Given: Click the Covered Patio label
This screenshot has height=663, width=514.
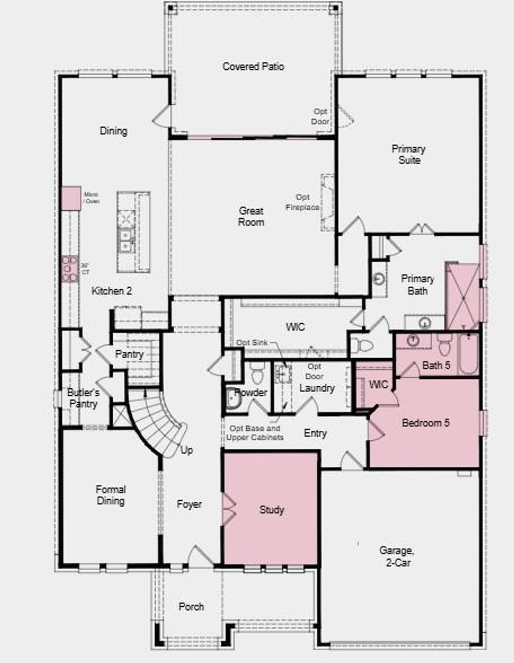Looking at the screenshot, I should (253, 66).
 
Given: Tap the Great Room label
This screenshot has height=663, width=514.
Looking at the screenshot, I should (251, 216).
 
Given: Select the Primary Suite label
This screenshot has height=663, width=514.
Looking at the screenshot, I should (409, 155).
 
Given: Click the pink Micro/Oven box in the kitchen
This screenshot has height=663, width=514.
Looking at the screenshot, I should (71, 198).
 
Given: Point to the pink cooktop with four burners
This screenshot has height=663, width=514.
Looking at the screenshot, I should (70, 269).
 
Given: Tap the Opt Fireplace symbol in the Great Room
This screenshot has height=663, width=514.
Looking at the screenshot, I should (327, 202).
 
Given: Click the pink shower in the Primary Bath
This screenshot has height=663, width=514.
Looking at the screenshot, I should (462, 296).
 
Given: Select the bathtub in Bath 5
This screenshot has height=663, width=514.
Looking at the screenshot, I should (468, 355).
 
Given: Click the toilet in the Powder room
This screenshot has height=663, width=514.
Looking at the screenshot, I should (257, 374).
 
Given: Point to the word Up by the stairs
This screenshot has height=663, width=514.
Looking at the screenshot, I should (186, 450).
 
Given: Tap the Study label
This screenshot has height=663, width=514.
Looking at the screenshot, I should (272, 510).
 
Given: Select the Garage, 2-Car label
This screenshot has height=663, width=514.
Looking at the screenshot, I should (397, 557).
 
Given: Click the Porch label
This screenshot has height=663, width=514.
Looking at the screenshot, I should (191, 607).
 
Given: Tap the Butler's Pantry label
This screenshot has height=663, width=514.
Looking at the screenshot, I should (83, 398).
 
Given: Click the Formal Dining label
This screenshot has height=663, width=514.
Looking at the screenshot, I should (110, 495).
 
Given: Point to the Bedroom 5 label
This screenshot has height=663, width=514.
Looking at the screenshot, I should (425, 423).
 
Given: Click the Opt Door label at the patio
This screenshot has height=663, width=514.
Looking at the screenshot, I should (320, 117).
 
